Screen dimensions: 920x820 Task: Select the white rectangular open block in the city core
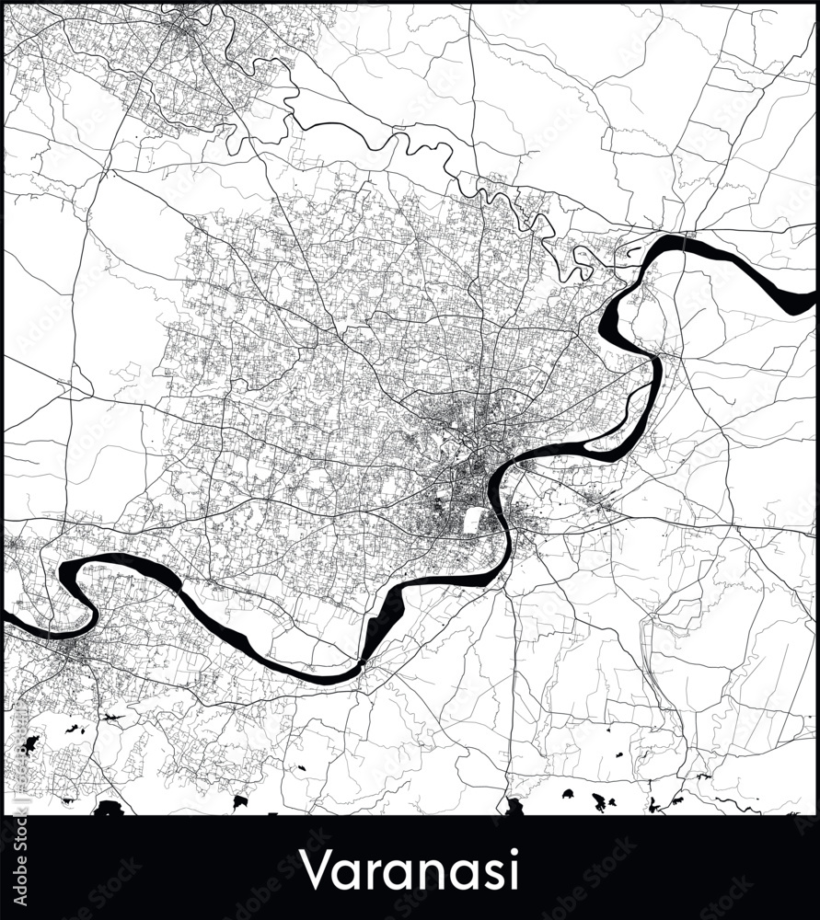pos(473,521)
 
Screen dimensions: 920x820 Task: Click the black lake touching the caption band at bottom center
pos(514,807)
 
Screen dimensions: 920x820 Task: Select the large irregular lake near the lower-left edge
pos(28,744)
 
